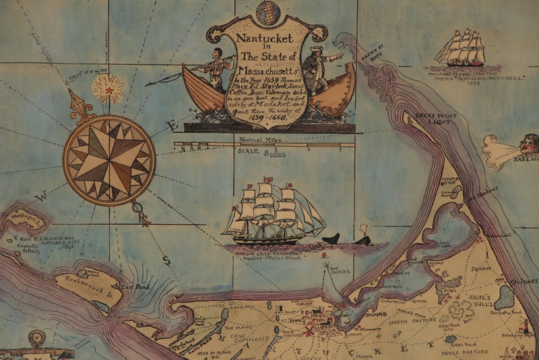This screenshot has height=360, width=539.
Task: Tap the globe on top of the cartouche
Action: [268, 10]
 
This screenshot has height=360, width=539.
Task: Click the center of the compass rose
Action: [110, 160]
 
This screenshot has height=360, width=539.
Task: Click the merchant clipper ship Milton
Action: [462, 49]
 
